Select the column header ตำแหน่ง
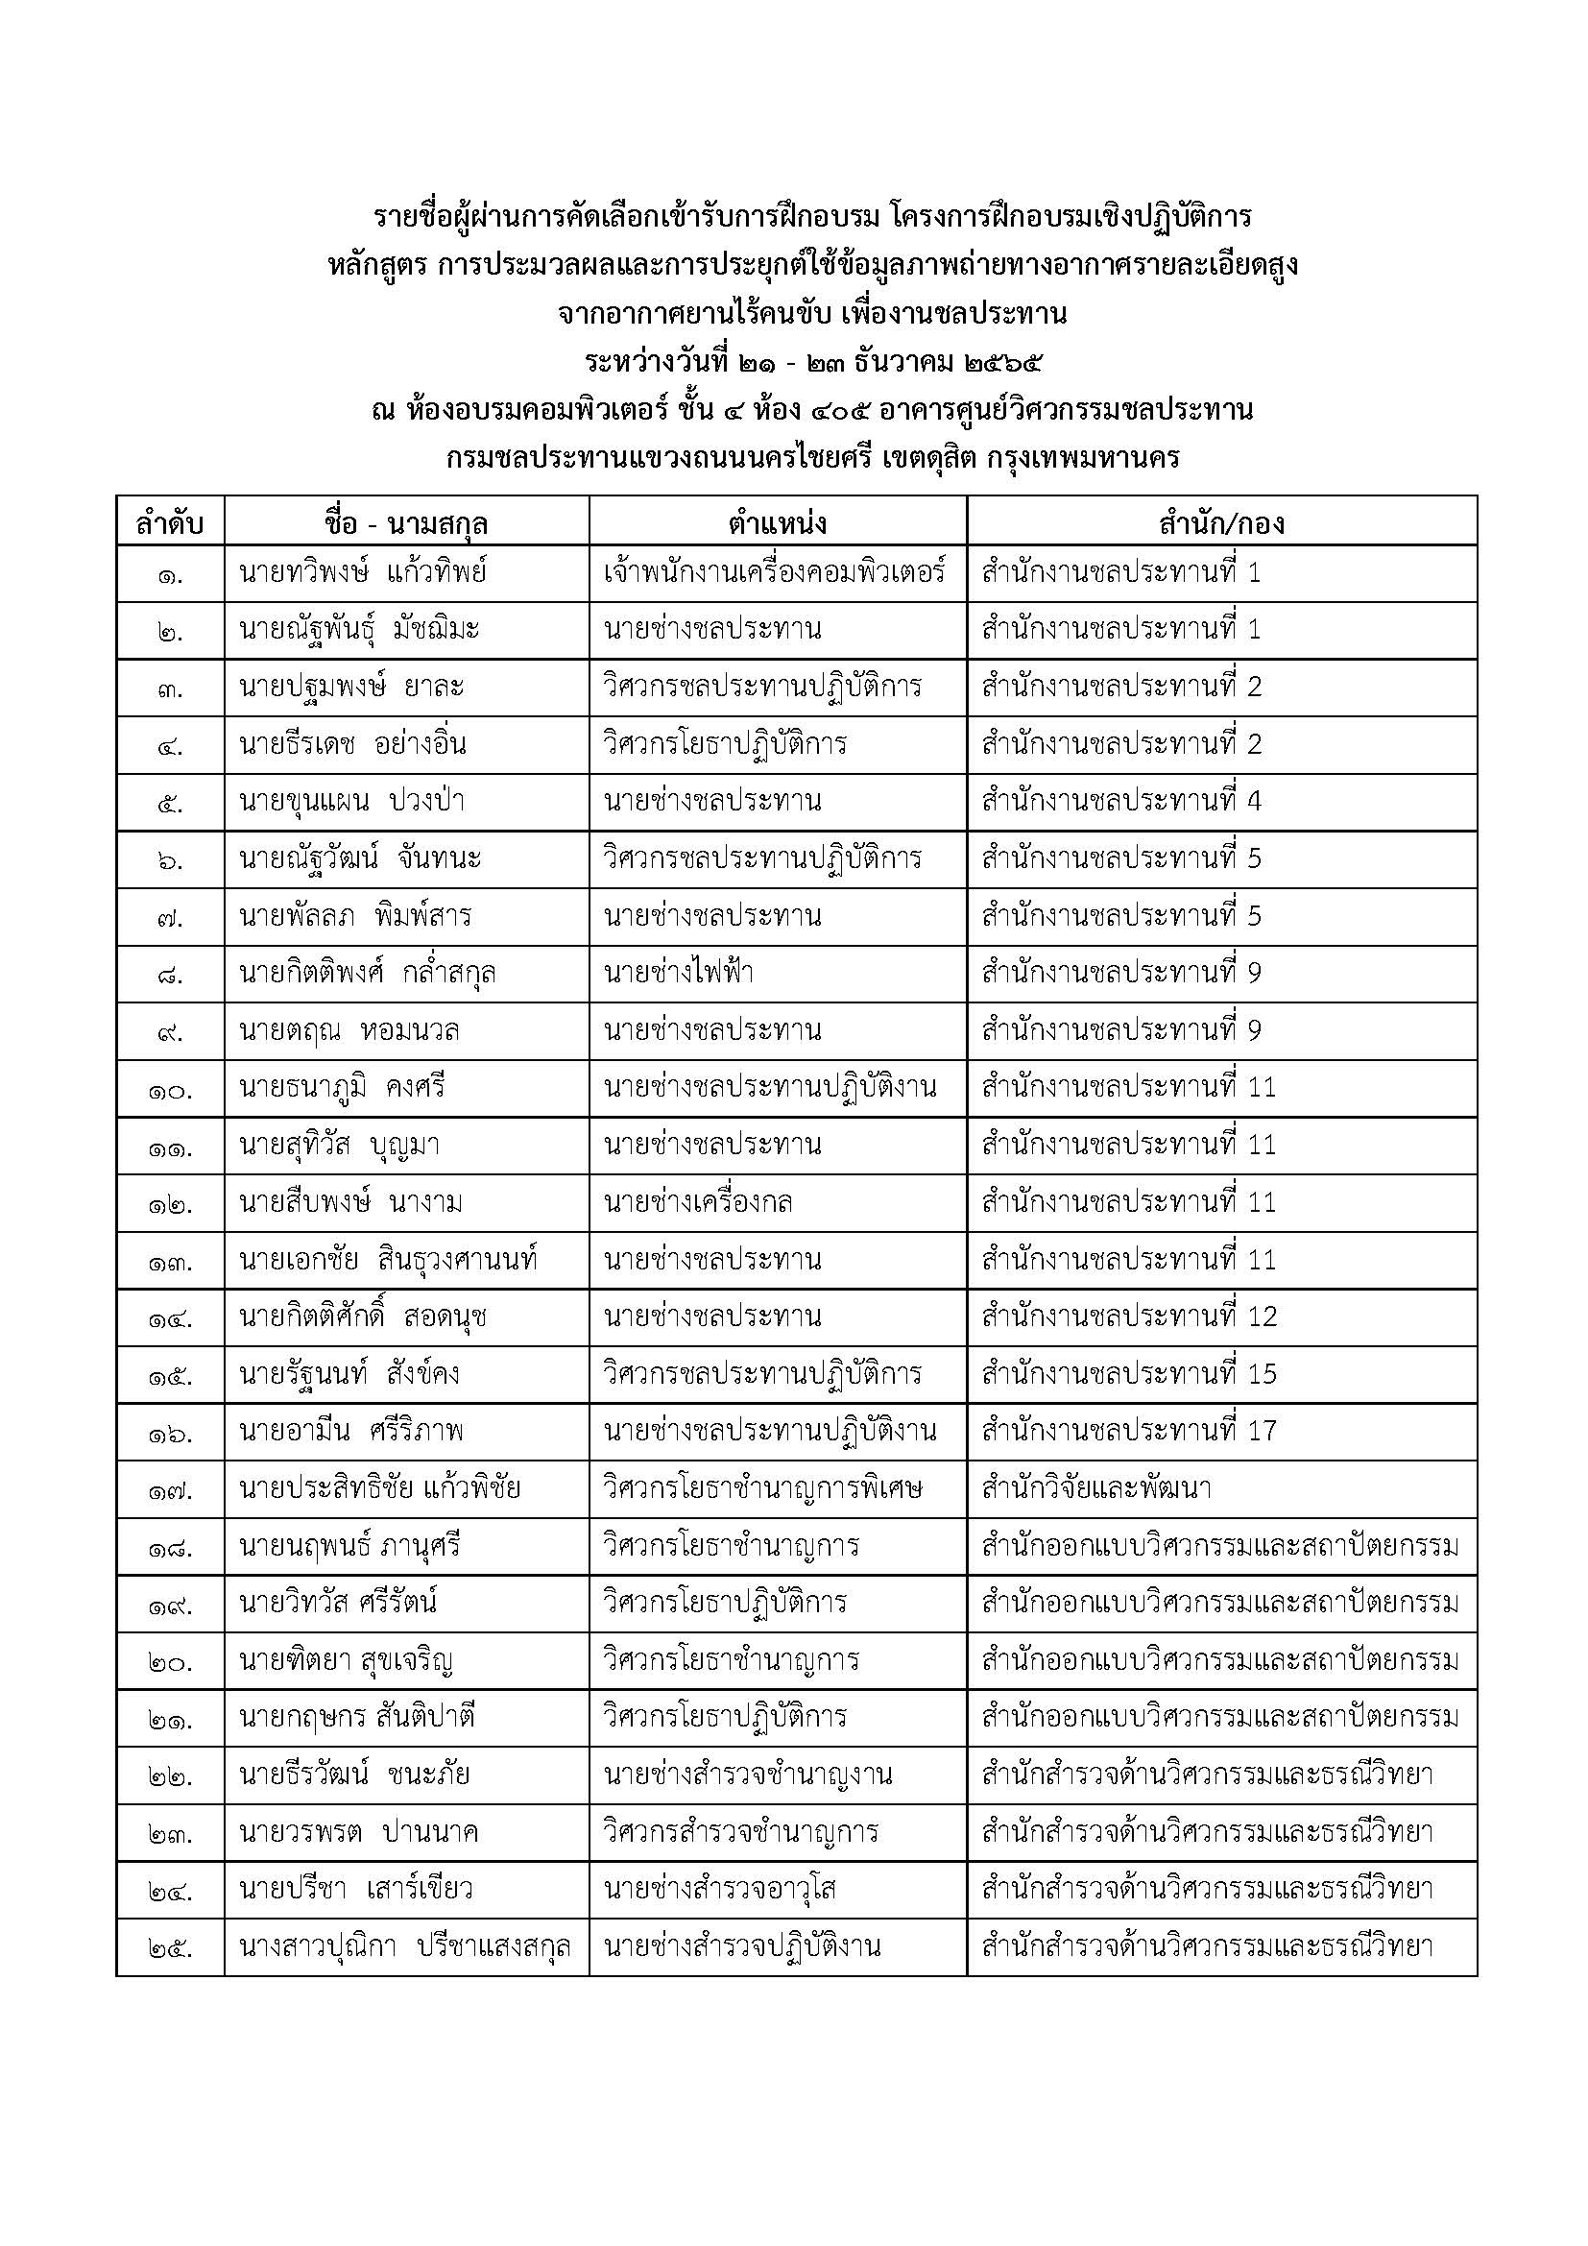(x=778, y=523)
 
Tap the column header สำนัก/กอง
(x=1221, y=523)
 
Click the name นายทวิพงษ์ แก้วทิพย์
(x=363, y=572)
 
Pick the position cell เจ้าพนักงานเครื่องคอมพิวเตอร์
(x=775, y=572)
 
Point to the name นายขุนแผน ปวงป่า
(x=351, y=801)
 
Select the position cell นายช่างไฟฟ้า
(x=679, y=973)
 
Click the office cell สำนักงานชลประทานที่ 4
(x=1121, y=801)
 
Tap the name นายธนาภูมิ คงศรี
(x=341, y=1087)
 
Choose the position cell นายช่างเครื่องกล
(x=698, y=1201)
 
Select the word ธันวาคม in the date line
(x=902, y=363)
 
